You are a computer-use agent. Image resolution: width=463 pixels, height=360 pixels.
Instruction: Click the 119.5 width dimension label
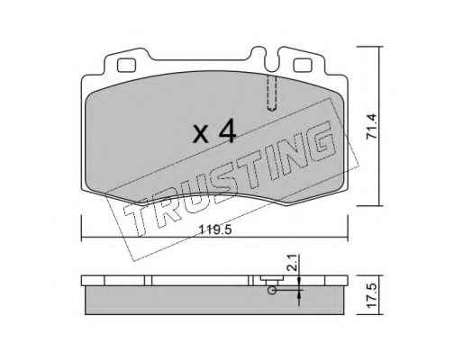pos(215,230)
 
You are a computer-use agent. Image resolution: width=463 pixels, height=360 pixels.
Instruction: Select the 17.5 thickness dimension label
pos(372,294)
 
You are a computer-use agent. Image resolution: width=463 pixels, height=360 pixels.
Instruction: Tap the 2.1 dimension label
pos(294,263)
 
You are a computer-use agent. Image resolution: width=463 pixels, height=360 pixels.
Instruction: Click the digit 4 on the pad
pos(227,130)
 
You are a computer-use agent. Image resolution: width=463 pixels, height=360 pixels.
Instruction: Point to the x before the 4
pos(201,134)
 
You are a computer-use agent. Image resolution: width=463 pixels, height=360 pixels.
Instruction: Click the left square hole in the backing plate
pos(126,65)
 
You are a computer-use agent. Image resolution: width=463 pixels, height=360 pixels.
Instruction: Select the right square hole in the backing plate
pos(303,65)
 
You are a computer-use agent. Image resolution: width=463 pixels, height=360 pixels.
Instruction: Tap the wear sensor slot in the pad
pos(272,93)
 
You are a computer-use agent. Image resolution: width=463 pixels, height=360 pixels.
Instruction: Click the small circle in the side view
pos(272,290)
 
